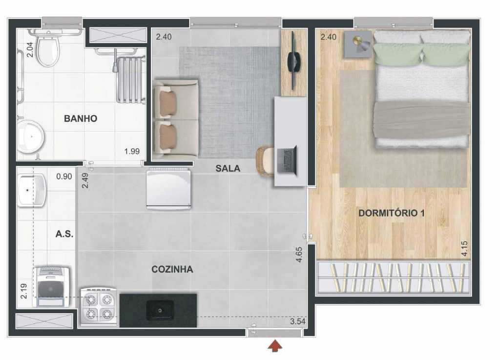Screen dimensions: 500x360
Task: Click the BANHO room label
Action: [81, 119]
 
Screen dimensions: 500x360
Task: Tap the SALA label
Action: [228, 168]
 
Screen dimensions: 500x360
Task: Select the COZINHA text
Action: [172, 269]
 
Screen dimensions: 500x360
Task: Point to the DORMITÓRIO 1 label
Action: [392, 213]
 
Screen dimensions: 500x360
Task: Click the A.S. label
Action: [64, 234]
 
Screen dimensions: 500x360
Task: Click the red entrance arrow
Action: [274, 346]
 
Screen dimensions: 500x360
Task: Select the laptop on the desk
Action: [287, 161]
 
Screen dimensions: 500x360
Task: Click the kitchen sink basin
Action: [160, 310]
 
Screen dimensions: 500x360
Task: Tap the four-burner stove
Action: [99, 306]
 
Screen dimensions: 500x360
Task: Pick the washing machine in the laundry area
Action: [51, 287]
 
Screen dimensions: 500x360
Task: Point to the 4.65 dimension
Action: [299, 255]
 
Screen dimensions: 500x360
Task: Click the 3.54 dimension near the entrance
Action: [297, 321]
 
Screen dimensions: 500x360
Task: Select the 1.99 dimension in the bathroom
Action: [132, 151]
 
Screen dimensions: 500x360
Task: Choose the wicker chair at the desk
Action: [265, 161]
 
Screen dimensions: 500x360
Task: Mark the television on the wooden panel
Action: [293, 60]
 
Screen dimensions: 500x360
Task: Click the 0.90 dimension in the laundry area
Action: [64, 176]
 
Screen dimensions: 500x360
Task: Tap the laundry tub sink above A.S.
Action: [32, 190]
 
